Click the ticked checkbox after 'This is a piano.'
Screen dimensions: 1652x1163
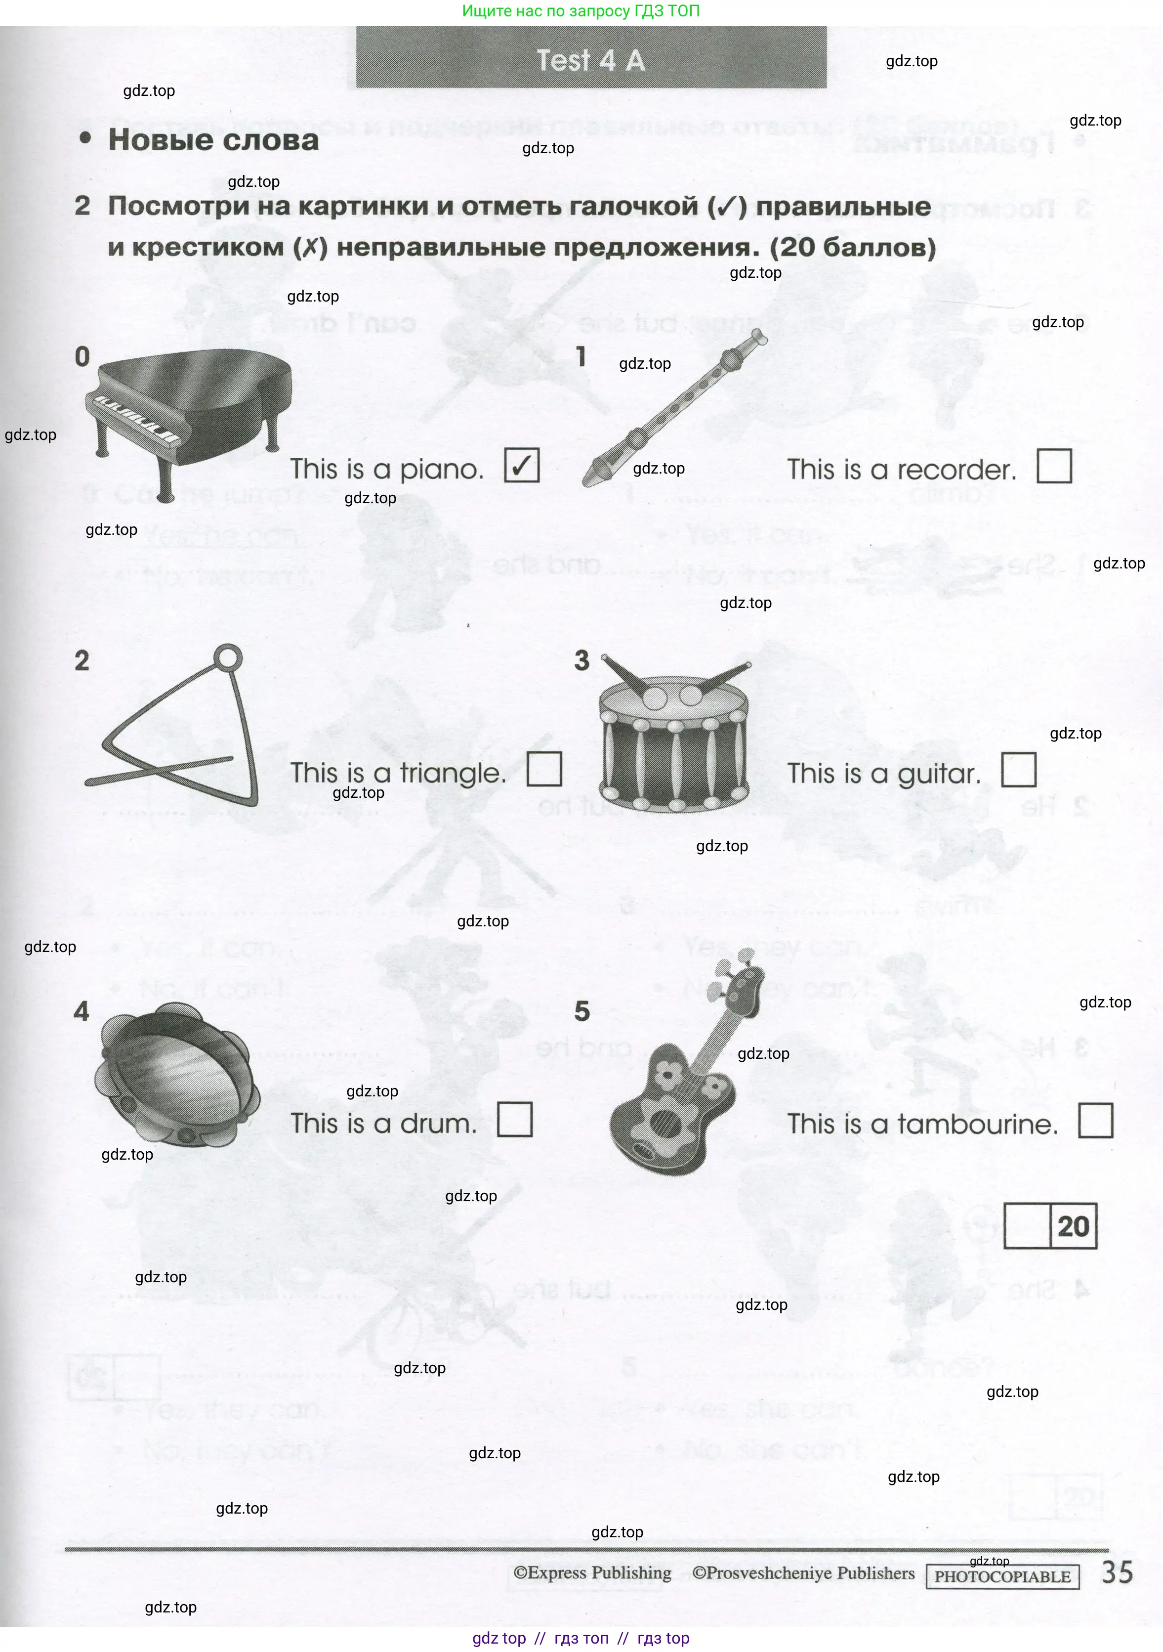click(521, 466)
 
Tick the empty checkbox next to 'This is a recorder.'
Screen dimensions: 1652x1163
click(1054, 466)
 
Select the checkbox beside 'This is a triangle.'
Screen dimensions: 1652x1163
click(544, 769)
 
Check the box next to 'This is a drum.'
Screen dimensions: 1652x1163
click(515, 1120)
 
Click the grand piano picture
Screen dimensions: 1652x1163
click(188, 417)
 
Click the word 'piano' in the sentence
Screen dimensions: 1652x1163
click(440, 470)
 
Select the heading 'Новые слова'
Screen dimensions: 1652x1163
click(213, 139)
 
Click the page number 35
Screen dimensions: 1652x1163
click(1117, 1573)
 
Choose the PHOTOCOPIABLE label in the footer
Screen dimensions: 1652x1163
click(1002, 1577)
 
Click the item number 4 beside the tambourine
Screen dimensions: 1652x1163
click(82, 1012)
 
